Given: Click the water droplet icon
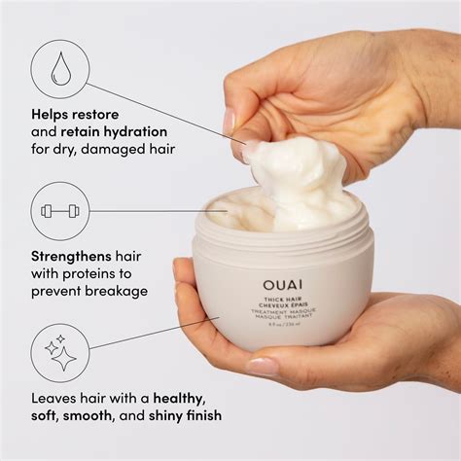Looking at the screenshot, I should [59, 69].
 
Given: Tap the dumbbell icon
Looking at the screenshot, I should [59, 211].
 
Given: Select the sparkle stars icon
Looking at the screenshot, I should [59, 353].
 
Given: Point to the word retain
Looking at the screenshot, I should [85, 131].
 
